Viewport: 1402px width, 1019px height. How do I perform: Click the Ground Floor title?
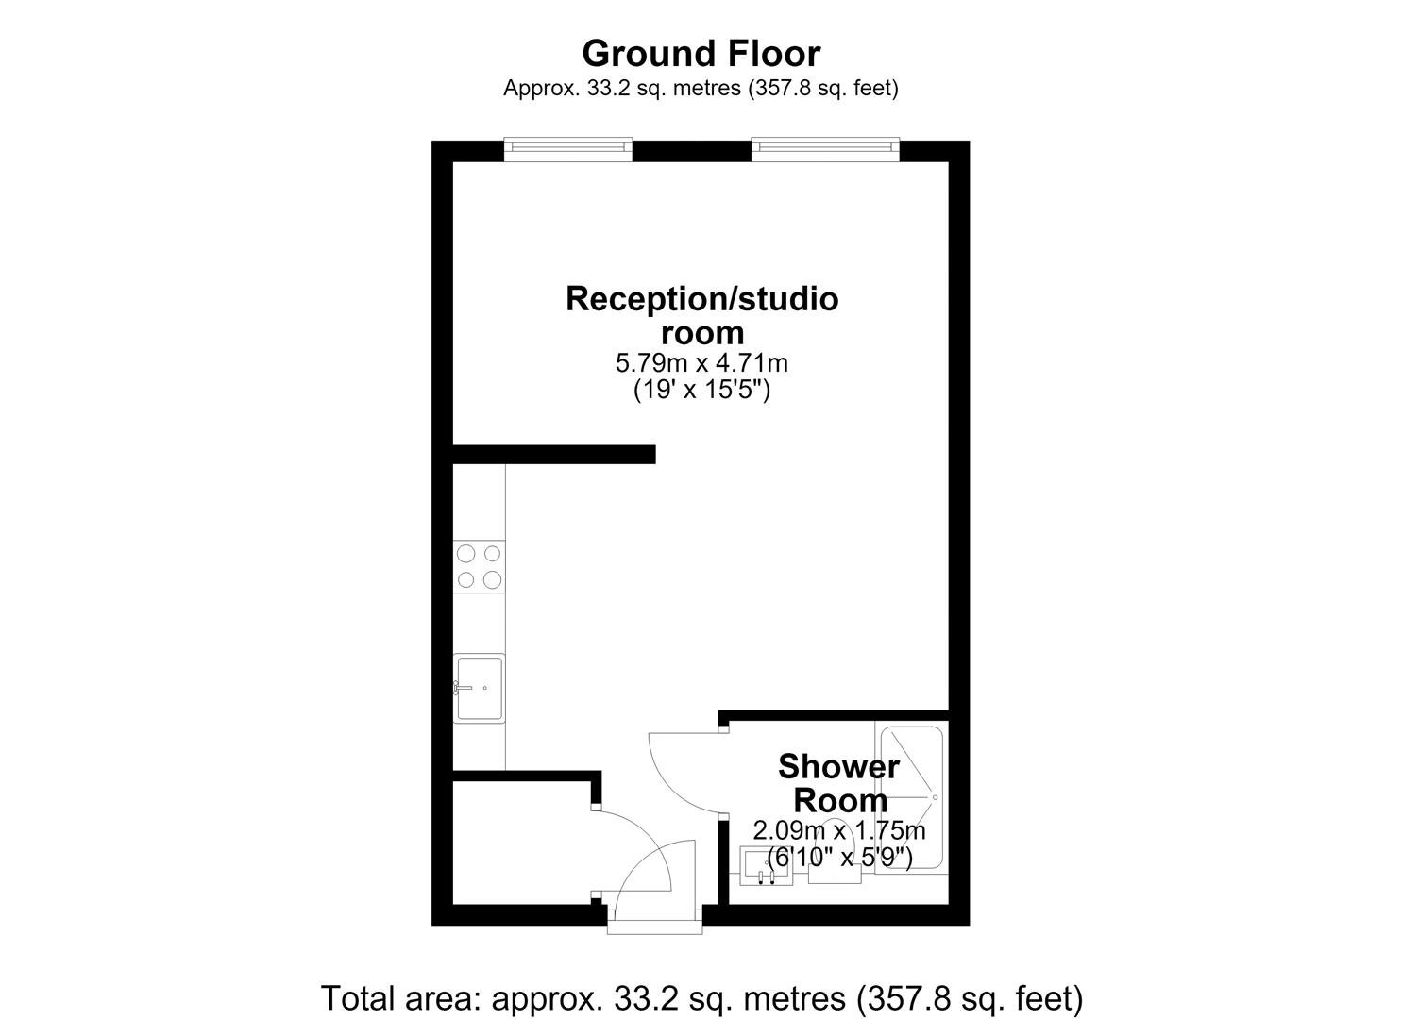[701, 54]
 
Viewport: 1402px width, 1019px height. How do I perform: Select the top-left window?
[568, 149]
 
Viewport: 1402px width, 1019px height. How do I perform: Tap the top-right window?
[825, 149]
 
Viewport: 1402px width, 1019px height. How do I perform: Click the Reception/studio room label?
[701, 315]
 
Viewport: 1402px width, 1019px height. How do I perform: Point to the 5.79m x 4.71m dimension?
[701, 363]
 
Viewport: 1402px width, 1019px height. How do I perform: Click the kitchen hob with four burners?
[480, 567]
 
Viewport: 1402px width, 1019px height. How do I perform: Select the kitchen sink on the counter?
[480, 688]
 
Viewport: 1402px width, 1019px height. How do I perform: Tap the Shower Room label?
[839, 783]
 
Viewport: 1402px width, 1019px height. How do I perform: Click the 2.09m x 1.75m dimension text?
[839, 830]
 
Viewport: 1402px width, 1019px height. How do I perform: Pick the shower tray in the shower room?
[911, 797]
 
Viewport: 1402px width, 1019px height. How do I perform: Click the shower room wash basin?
[766, 866]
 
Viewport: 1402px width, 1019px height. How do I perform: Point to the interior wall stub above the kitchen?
[554, 454]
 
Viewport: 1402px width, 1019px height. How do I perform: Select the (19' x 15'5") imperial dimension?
[701, 391]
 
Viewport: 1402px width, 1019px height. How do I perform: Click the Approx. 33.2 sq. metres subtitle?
[701, 88]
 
